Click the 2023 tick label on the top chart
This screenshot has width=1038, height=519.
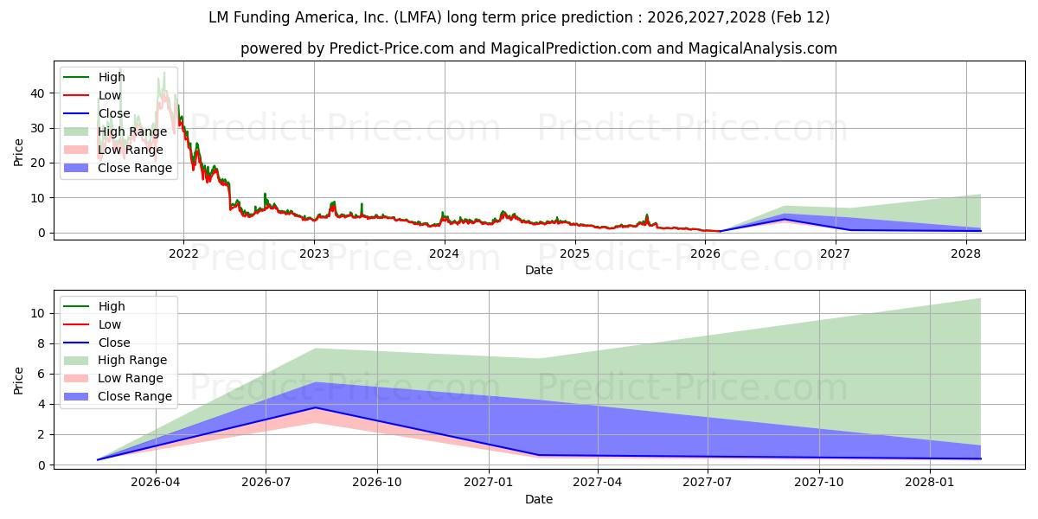click(314, 253)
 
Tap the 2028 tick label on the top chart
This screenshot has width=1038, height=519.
click(966, 253)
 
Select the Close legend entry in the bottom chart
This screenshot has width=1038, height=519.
click(113, 343)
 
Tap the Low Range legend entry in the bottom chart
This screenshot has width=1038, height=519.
click(130, 378)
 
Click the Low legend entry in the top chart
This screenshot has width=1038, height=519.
click(110, 95)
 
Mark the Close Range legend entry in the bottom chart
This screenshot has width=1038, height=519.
click(135, 396)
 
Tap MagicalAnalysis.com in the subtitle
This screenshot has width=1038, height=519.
click(762, 48)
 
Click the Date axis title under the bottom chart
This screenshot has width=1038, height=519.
click(538, 499)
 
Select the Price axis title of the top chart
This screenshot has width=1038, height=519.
click(19, 153)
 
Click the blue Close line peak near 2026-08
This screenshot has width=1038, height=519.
click(316, 407)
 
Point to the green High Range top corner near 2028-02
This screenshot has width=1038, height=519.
click(980, 298)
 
